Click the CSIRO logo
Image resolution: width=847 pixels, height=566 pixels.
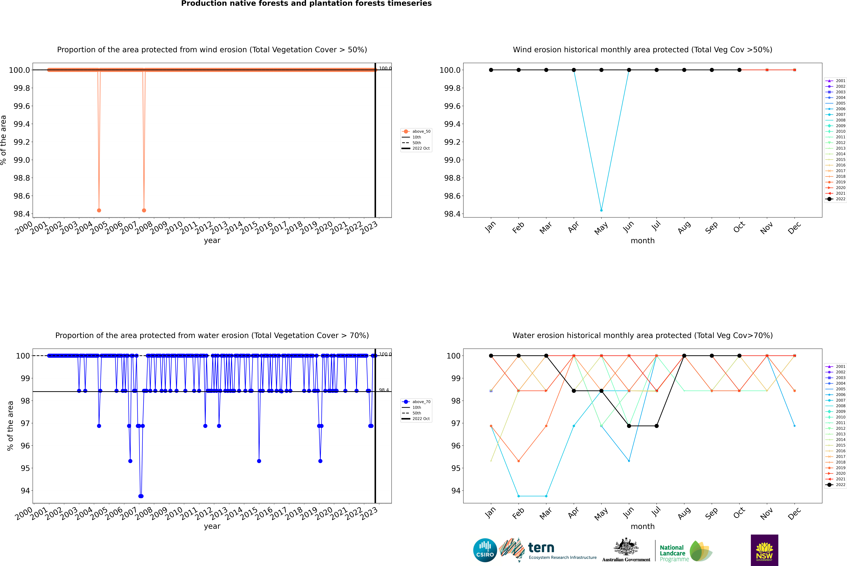[x=485, y=550]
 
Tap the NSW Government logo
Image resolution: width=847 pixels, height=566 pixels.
[x=764, y=550]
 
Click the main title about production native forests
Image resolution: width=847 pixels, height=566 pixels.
[x=306, y=4]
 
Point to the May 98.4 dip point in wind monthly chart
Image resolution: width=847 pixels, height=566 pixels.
[x=601, y=210]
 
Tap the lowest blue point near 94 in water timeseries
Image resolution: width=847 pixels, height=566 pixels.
[x=141, y=496]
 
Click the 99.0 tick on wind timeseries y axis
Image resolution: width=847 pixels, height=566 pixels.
[x=22, y=160]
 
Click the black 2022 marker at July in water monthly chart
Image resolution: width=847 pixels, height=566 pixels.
[x=656, y=426]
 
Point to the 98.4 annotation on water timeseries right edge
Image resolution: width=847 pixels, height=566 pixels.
[x=384, y=390]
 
